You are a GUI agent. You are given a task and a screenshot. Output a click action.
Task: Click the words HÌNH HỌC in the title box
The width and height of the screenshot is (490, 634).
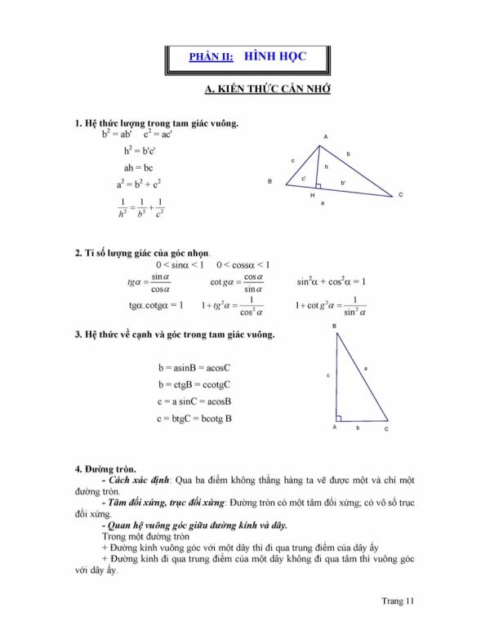click(x=272, y=56)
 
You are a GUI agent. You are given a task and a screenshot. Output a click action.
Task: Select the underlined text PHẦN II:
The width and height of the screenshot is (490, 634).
click(x=211, y=57)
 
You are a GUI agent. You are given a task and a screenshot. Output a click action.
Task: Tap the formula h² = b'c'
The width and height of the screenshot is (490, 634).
click(x=141, y=151)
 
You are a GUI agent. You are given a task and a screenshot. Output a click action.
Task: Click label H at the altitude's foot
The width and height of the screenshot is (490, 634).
click(x=312, y=196)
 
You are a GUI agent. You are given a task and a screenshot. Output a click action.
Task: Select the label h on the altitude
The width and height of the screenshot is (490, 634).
click(x=326, y=166)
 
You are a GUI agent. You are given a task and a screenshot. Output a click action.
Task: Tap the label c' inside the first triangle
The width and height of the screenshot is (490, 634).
click(x=304, y=178)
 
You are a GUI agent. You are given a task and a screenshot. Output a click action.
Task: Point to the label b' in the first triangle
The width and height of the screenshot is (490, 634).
click(x=343, y=181)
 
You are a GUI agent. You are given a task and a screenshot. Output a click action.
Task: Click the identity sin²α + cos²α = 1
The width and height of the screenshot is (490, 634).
click(x=331, y=282)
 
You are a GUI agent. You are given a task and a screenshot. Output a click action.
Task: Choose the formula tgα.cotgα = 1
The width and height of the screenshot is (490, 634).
click(x=155, y=305)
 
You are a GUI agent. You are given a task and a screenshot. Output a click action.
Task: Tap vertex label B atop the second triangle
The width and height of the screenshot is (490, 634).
click(x=334, y=326)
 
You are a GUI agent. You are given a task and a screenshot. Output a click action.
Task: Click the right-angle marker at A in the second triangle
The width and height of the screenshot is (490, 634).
click(x=338, y=418)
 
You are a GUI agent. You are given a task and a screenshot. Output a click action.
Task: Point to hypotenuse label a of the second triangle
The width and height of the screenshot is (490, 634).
click(x=365, y=369)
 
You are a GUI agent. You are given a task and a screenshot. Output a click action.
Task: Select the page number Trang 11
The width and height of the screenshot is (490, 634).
click(x=399, y=601)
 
